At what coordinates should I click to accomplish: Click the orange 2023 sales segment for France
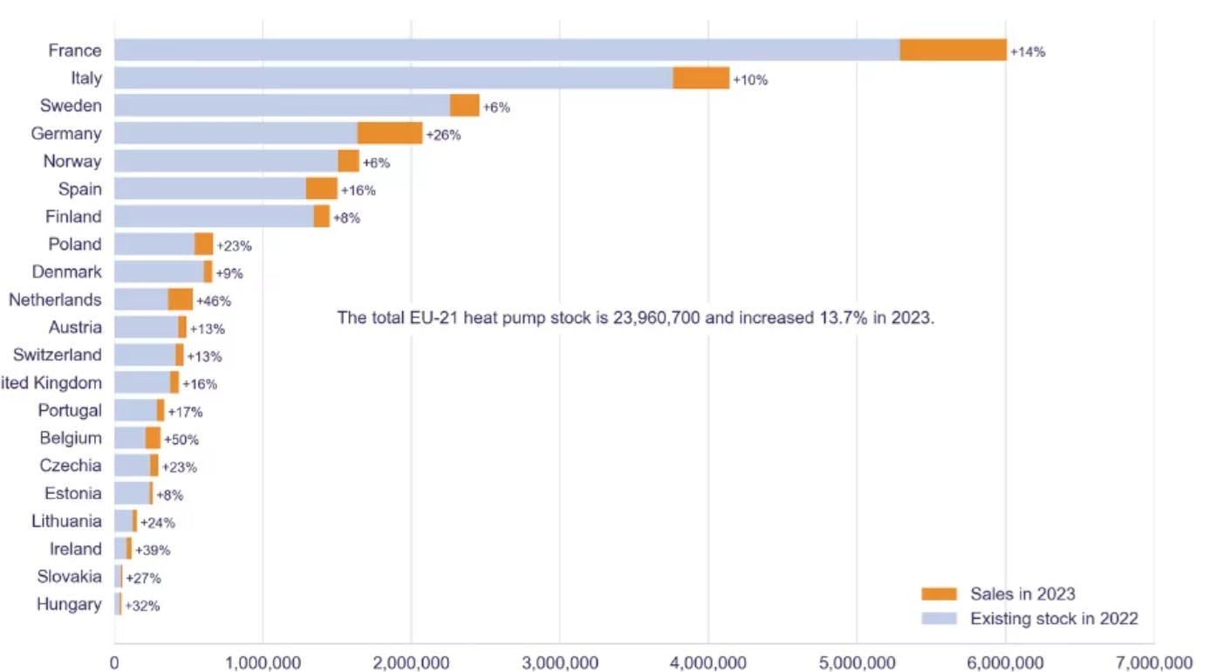[x=953, y=51]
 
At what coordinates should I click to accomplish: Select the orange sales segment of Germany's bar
[x=389, y=134]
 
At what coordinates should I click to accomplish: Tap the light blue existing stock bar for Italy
[x=393, y=79]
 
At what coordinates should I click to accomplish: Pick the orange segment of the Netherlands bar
[x=180, y=299]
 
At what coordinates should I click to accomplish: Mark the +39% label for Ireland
[x=152, y=551]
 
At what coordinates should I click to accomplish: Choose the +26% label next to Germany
[x=443, y=135]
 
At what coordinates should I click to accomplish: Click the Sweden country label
[x=71, y=106]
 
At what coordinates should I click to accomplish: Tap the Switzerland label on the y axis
[x=57, y=354]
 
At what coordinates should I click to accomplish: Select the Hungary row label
[x=69, y=604]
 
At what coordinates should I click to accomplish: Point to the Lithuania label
[x=66, y=521]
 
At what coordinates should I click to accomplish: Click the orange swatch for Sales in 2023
[x=939, y=594]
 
